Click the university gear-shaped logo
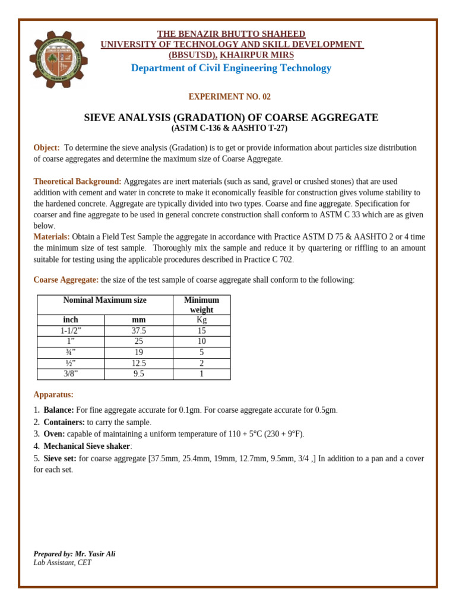coord(58,59)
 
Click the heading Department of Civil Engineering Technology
coord(231,68)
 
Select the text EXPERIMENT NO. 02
coord(229,97)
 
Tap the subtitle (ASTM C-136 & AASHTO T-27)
coord(229,128)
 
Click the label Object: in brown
coord(46,148)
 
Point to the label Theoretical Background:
coord(77,182)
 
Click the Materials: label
coord(51,237)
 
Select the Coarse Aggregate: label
coord(66,280)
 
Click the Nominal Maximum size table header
coord(104,300)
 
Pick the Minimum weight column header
coord(201,305)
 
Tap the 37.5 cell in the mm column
coord(138,331)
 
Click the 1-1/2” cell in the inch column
coord(71,331)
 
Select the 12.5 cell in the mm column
coord(138,363)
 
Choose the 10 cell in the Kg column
coord(201,341)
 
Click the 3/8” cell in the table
coord(71,374)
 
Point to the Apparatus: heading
coord(53,395)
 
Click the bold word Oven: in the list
coord(54,434)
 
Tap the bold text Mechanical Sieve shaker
coord(87,446)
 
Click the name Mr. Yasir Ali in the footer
coord(95,554)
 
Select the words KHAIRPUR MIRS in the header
coord(256,55)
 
